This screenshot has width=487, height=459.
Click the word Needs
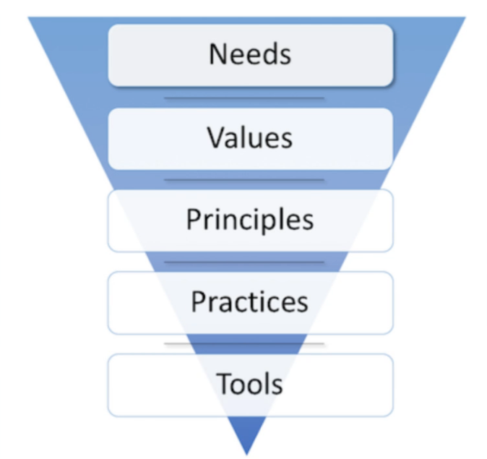click(x=250, y=54)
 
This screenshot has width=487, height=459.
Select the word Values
click(x=250, y=137)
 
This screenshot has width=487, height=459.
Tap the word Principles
click(x=250, y=220)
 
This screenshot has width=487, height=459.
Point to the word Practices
click(x=250, y=302)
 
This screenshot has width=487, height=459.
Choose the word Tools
click(x=250, y=384)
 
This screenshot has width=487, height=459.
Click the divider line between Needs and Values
click(x=244, y=98)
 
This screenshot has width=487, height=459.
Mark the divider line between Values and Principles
click(x=244, y=180)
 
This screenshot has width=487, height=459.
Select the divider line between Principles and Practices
click(x=244, y=262)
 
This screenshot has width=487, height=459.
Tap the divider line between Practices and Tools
click(x=244, y=344)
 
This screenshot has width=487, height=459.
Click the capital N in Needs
click(x=217, y=54)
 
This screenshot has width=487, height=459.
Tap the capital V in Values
click(x=215, y=137)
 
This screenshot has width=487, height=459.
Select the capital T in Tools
click(x=225, y=384)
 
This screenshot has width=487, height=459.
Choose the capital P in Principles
click(x=194, y=220)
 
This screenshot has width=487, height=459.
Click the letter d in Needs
click(x=264, y=54)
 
